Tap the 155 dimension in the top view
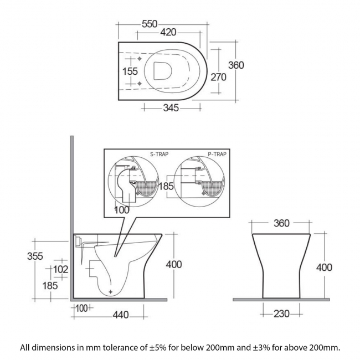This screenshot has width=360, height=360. (130, 71)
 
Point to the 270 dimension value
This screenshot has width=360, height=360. (218, 78)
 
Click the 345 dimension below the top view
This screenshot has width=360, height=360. (171, 108)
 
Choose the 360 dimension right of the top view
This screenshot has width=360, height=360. (236, 65)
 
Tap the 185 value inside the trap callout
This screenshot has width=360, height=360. (166, 186)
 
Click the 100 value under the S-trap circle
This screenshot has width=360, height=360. (122, 210)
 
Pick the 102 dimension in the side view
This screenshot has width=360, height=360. (60, 269)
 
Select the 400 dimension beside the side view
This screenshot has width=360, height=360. (174, 264)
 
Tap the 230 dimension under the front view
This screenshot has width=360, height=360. (281, 314)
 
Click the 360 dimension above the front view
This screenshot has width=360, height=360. (281, 223)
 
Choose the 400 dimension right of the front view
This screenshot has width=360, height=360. (324, 268)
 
